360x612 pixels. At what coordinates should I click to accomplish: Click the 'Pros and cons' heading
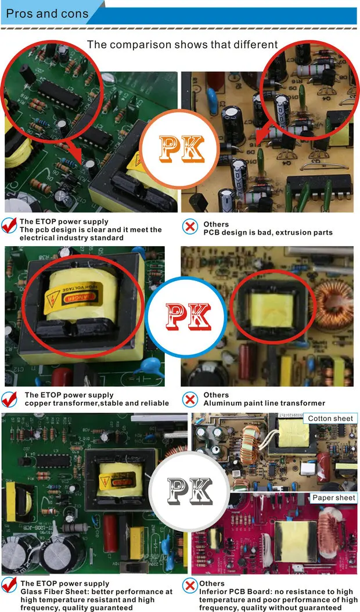click(x=47, y=14)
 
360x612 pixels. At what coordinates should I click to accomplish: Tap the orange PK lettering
click(x=182, y=149)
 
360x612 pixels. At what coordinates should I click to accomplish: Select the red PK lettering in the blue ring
click(x=188, y=316)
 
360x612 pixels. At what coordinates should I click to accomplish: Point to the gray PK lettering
click(x=190, y=491)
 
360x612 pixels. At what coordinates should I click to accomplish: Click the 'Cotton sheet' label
click(x=330, y=419)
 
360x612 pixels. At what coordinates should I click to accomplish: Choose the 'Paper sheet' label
click(x=334, y=498)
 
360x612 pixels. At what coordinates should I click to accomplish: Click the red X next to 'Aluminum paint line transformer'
click(x=190, y=399)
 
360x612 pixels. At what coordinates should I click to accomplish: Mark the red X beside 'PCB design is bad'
click(x=190, y=226)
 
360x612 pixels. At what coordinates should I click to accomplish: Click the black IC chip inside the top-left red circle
click(x=60, y=94)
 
